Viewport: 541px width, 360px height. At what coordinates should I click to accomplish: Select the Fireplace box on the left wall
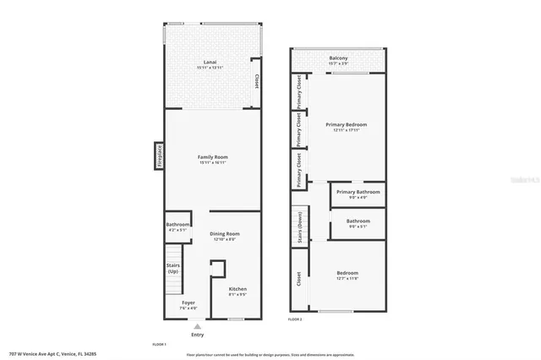tap(158, 156)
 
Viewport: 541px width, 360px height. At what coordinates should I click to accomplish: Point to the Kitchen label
tap(238, 292)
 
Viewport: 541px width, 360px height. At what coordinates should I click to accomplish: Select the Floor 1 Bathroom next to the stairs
tap(178, 226)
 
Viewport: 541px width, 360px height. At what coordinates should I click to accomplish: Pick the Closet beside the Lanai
tap(256, 83)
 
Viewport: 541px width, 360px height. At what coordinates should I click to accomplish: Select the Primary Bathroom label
tap(358, 194)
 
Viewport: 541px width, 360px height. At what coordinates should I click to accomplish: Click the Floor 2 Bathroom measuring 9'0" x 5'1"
tap(358, 223)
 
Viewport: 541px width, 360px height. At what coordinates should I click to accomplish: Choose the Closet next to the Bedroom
tap(298, 279)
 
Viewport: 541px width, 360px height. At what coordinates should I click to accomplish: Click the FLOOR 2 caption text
tap(295, 319)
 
